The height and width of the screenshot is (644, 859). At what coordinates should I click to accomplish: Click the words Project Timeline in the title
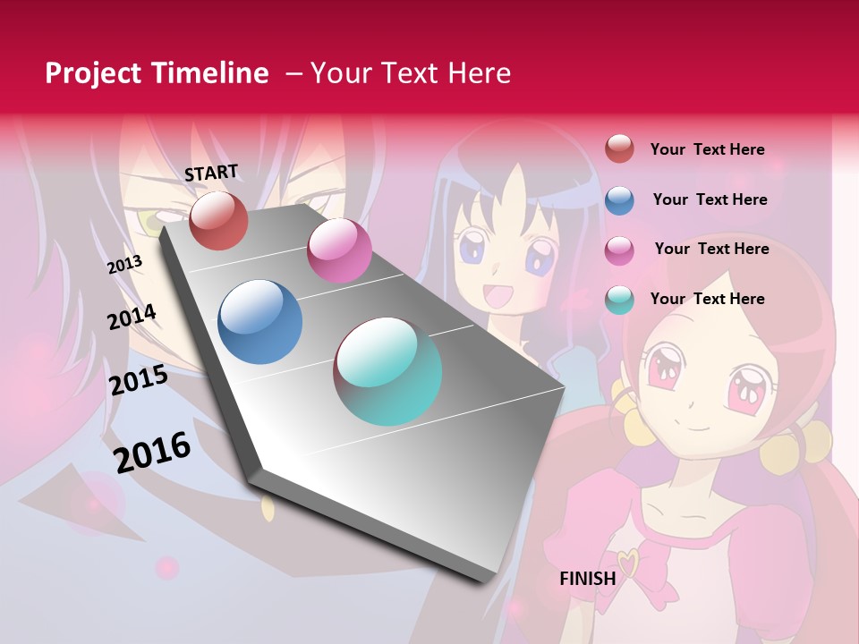coord(157,73)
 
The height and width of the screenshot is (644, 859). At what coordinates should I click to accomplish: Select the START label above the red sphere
coord(211,173)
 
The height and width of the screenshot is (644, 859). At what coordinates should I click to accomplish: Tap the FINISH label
coord(587,579)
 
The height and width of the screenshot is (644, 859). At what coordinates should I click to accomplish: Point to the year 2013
coord(125,264)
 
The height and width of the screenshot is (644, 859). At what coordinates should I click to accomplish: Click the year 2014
coord(132,317)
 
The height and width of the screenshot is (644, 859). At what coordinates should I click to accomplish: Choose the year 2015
coord(139,380)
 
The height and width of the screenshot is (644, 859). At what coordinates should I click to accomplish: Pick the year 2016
coord(152,452)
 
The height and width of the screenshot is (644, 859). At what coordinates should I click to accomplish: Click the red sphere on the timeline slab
coord(218,220)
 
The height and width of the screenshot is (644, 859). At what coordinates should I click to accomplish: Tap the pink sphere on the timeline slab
coord(339,250)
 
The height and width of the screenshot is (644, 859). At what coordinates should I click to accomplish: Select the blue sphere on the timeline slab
coord(260,322)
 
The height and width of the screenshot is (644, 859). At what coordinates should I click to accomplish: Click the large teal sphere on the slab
coord(387,371)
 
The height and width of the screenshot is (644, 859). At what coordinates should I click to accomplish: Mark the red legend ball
coord(619,148)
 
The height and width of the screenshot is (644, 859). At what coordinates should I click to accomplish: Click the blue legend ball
coord(619,199)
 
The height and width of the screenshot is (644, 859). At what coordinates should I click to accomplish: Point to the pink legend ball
coord(619,250)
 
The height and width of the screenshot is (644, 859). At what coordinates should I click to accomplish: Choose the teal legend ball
coord(619,300)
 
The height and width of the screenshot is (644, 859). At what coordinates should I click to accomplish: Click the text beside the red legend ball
coord(707,149)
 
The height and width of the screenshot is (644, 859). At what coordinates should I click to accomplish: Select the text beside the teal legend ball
coord(707,299)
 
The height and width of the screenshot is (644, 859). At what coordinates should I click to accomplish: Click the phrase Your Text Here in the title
coord(410,73)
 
